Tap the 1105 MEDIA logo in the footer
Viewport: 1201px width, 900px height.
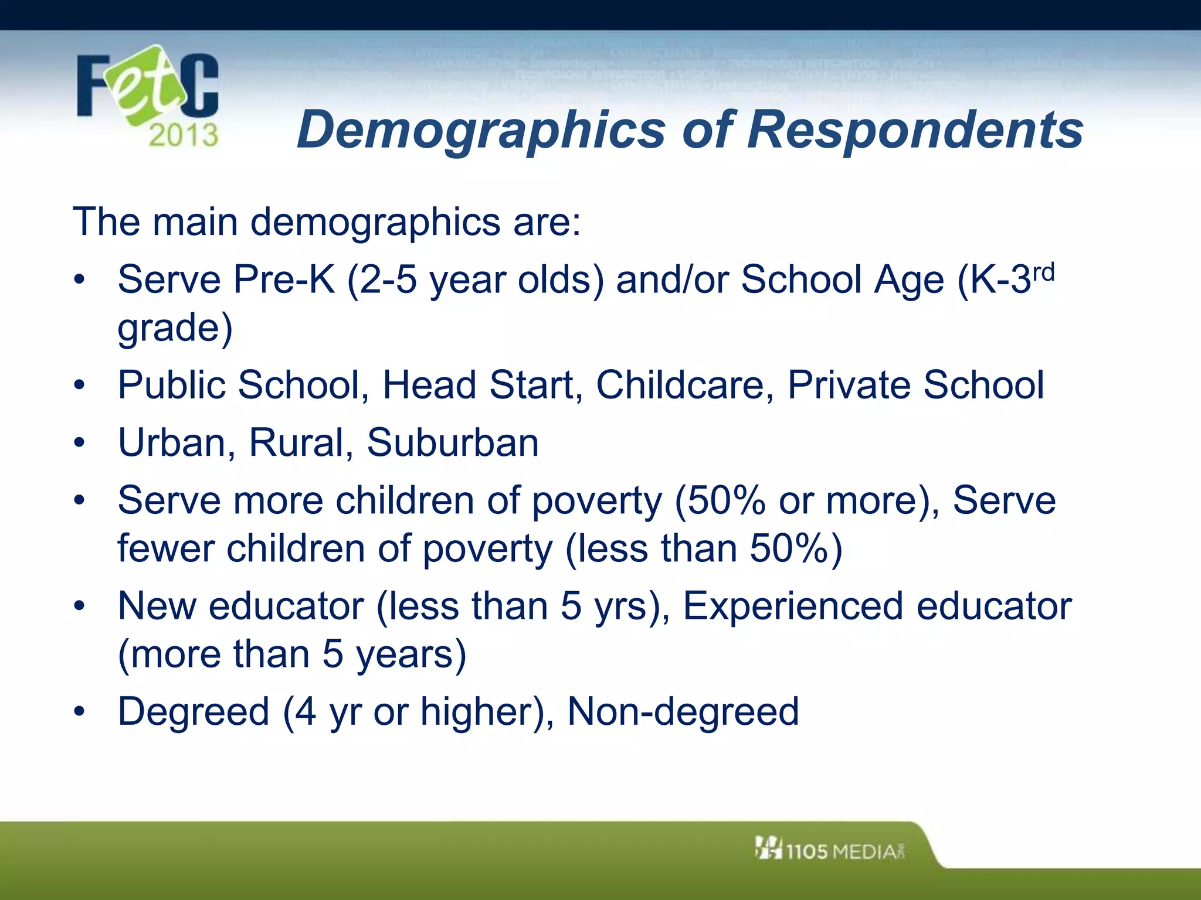click(830, 850)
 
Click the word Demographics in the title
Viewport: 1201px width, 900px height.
click(481, 130)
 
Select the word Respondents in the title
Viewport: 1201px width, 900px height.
click(915, 130)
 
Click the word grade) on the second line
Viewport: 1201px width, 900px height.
click(175, 328)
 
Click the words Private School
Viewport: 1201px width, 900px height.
click(915, 385)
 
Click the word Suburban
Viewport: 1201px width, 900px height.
click(453, 442)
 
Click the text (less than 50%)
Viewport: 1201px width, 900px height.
click(704, 549)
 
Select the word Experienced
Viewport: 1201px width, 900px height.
click(792, 606)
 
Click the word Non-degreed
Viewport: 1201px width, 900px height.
click(683, 711)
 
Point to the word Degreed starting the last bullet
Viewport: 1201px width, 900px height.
click(194, 711)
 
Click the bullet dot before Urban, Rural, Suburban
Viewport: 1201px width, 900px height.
click(80, 444)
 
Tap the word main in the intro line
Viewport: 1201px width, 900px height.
click(195, 222)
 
